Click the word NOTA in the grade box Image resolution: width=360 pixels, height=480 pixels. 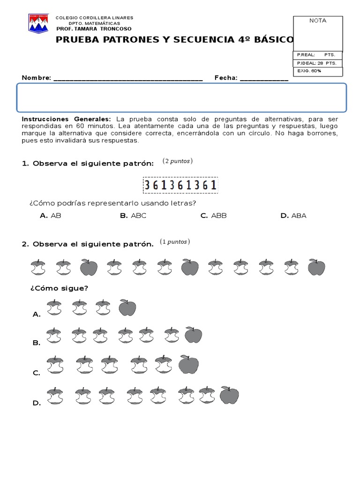click(x=318, y=21)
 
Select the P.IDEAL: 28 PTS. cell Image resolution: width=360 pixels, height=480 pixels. click(x=317, y=63)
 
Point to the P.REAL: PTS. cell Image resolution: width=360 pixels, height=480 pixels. click(x=317, y=55)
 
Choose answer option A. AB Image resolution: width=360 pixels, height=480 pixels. click(x=51, y=216)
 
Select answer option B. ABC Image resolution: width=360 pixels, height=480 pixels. click(x=133, y=216)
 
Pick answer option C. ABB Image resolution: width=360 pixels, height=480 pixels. click(x=213, y=216)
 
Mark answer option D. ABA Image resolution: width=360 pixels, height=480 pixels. click(x=293, y=216)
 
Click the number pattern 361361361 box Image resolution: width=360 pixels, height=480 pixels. click(x=180, y=185)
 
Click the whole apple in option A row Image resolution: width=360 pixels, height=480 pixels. click(x=127, y=308)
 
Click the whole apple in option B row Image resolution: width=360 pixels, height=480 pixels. click(x=193, y=335)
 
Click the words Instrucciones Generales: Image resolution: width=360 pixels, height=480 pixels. click(x=67, y=119)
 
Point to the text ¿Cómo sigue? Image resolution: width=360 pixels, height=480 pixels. click(x=59, y=288)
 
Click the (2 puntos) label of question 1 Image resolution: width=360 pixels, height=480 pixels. click(x=178, y=161)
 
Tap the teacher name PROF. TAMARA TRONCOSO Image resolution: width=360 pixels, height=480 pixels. click(x=94, y=29)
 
